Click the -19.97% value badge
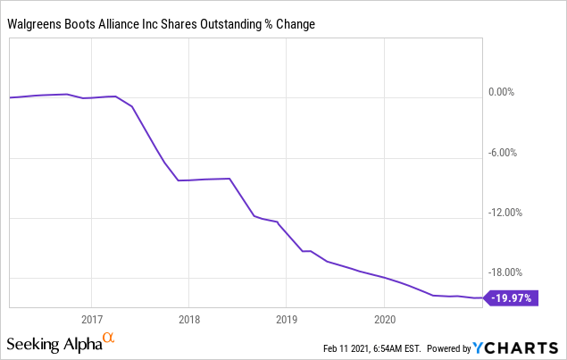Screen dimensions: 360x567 pos(512,298)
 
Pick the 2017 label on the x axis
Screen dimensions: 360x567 pos(91,318)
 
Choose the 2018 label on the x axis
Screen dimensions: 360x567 pos(188,318)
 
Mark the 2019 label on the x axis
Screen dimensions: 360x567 pos(286,318)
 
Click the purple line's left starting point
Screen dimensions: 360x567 pos(10,97)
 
